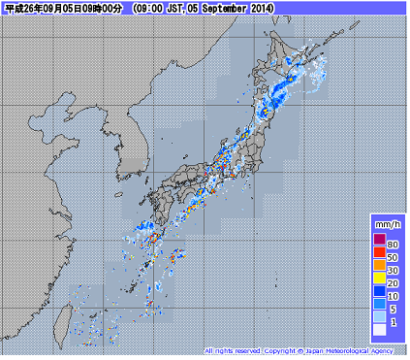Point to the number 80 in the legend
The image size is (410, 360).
click(394, 242)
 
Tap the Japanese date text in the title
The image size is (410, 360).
click(64, 8)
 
